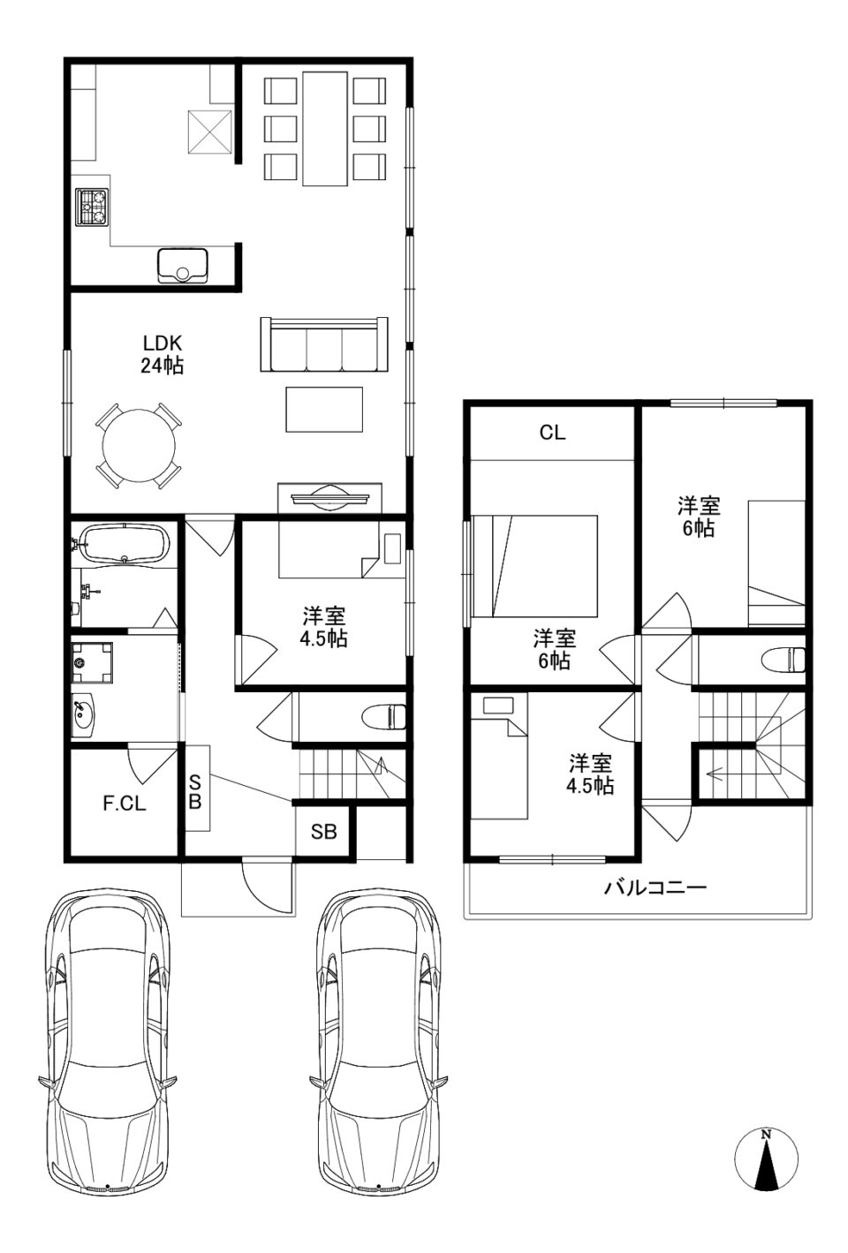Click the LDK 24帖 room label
pyautogui.click(x=162, y=354)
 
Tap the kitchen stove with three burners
pyautogui.click(x=92, y=207)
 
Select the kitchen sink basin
pyautogui.click(x=183, y=267)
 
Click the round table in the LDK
pyautogui.click(x=139, y=445)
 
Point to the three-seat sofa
pyautogui.click(x=324, y=344)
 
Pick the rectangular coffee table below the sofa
pyautogui.click(x=324, y=410)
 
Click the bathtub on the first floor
pyautogui.click(x=125, y=542)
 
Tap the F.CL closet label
pyautogui.click(x=125, y=804)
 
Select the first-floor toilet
pyautogui.click(x=383, y=717)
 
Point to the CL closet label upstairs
pyautogui.click(x=552, y=432)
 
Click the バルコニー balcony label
pyautogui.click(x=655, y=887)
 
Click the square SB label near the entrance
pyautogui.click(x=324, y=832)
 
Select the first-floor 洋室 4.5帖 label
pyautogui.click(x=324, y=627)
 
